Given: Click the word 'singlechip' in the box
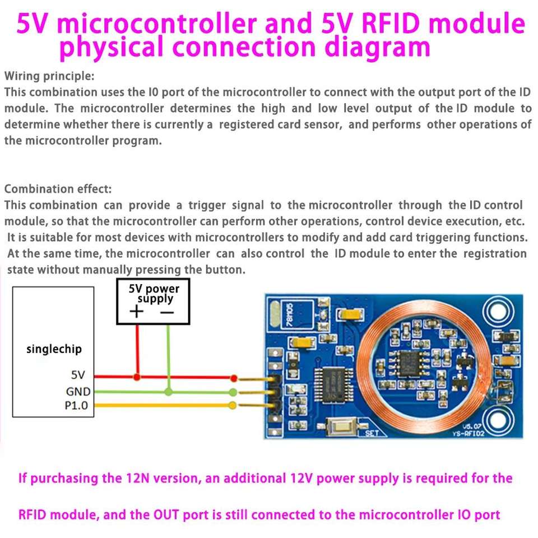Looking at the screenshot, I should point(54,349).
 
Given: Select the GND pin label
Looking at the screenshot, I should point(78,391).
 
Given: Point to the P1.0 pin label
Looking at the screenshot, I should point(76,405).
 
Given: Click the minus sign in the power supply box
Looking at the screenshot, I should point(167,312).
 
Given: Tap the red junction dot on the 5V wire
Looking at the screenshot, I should point(137,377).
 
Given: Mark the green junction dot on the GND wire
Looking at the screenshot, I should point(168,391).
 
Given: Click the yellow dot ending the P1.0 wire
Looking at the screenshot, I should point(233,405).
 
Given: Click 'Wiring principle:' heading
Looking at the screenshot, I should point(49,76).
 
